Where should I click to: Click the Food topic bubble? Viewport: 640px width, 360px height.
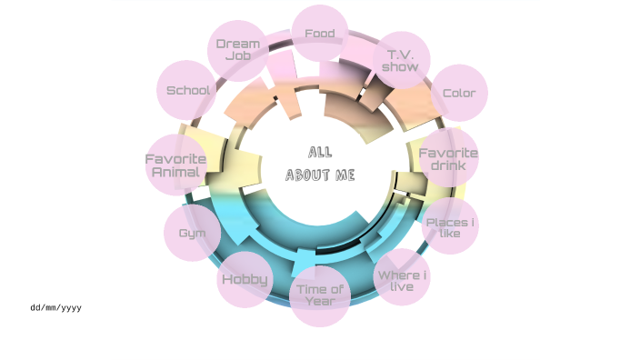tap(320, 35)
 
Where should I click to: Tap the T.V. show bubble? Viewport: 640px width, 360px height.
tap(400, 60)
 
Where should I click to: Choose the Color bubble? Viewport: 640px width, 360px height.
tap(458, 93)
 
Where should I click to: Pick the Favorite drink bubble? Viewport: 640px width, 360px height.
tap(448, 159)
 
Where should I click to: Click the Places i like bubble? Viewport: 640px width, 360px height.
tap(450, 227)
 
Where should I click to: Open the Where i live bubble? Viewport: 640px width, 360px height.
tap(402, 281)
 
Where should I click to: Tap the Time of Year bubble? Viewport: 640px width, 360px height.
tap(320, 295)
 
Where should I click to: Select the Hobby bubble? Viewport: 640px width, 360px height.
tap(245, 279)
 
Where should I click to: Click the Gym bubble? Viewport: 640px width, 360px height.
tap(193, 234)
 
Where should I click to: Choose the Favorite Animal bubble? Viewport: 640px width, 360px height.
tap(176, 165)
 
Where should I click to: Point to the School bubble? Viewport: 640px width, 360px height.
tap(188, 91)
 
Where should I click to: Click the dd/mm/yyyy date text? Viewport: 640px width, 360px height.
tap(55, 308)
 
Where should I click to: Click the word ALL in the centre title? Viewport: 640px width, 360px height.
tap(320, 152)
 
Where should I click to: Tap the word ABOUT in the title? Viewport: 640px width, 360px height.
tap(307, 175)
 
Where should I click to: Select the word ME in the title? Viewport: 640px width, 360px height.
tap(345, 175)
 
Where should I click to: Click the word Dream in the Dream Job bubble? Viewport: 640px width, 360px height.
tap(238, 44)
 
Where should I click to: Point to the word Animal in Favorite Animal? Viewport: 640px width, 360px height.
tap(176, 172)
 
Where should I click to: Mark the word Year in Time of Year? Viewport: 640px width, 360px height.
tap(320, 302)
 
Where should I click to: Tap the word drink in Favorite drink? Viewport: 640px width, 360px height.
tap(448, 166)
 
